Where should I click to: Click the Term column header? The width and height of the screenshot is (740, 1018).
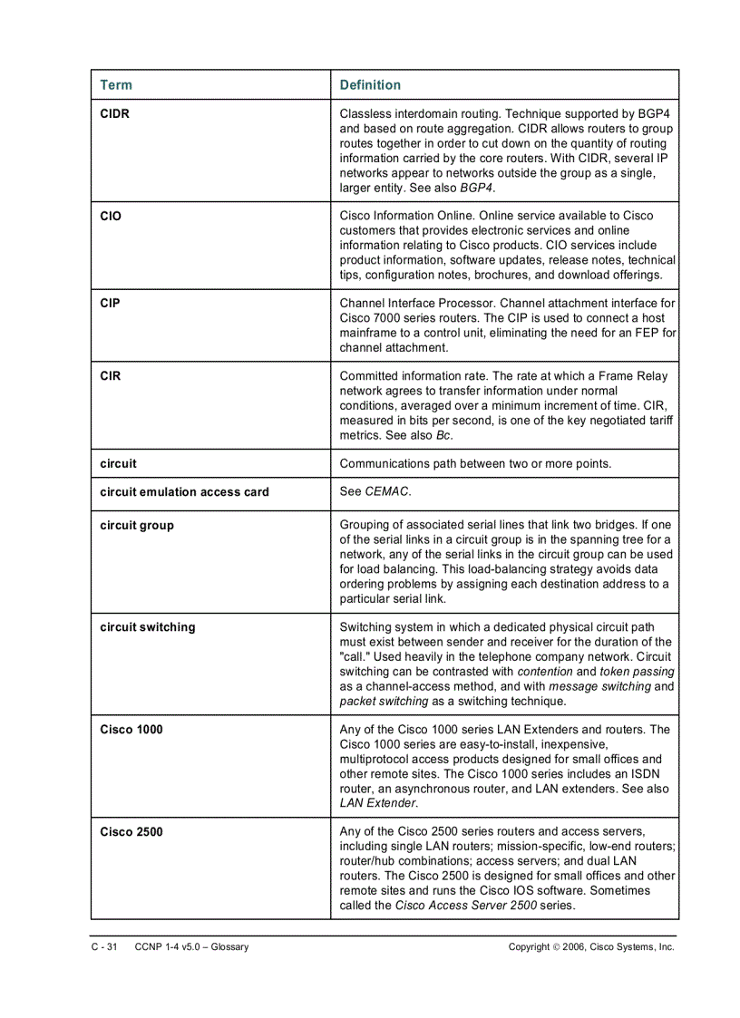point(116,85)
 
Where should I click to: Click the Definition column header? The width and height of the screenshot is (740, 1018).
point(370,85)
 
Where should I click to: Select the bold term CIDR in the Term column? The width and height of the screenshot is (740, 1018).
point(115,114)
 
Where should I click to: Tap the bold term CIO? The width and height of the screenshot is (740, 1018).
point(111,216)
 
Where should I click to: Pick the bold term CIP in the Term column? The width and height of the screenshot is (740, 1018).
point(110,304)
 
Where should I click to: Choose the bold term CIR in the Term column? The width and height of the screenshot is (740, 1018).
point(111,376)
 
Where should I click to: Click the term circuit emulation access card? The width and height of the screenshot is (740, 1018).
point(184,492)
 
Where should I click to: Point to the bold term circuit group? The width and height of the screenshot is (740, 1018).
point(137,526)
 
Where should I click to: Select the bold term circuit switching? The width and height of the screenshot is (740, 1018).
point(147,627)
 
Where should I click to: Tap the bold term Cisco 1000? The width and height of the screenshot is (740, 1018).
point(131,730)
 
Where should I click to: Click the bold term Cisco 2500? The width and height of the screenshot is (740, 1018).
point(131,832)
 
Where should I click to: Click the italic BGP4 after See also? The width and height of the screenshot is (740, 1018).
point(477,188)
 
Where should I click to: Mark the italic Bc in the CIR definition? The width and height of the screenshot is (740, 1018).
point(443,435)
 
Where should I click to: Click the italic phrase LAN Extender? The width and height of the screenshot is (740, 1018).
point(378,803)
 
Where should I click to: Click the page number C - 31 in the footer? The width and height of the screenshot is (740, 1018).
point(104,947)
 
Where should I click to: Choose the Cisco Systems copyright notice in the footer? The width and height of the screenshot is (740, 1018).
point(591,947)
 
